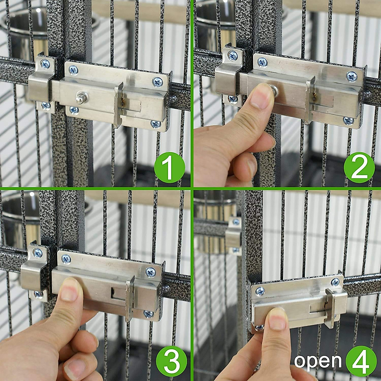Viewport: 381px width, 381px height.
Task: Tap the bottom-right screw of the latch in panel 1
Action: click(156, 124)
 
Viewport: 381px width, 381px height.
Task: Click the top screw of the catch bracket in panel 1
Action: click(45, 64)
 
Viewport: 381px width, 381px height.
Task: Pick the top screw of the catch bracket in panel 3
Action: click(38, 253)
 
